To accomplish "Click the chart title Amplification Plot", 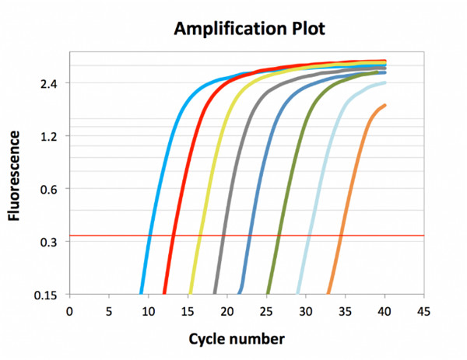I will click(x=247, y=29).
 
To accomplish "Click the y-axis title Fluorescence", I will click(x=15, y=176).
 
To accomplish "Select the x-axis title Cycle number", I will click(x=236, y=339).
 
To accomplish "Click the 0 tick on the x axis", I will click(x=69, y=311).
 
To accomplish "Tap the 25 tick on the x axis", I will click(x=266, y=311).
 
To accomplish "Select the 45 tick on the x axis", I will click(x=423, y=311).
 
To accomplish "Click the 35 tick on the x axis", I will click(x=345, y=311).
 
